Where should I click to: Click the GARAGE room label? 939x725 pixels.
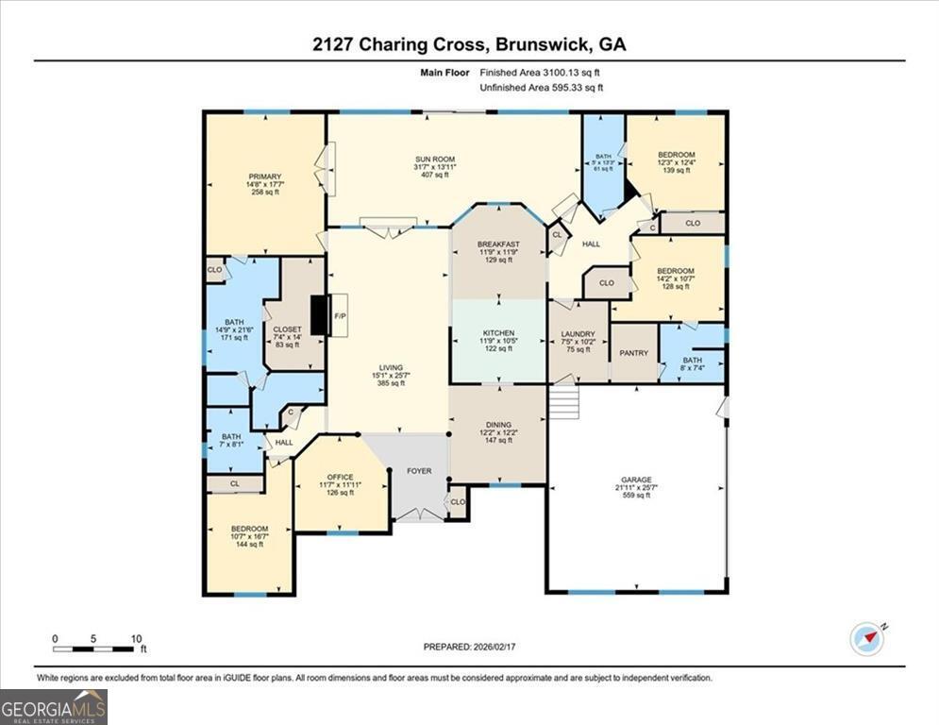[636, 480]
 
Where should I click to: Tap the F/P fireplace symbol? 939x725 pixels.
[339, 316]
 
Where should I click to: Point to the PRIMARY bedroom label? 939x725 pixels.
[259, 176]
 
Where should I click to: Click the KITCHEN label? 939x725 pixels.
[498, 334]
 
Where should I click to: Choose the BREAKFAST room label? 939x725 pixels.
[497, 244]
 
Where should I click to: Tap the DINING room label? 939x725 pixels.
[497, 425]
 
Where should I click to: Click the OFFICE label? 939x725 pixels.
[340, 477]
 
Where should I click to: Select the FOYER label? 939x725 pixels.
[419, 470]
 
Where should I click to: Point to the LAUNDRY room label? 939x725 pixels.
[577, 334]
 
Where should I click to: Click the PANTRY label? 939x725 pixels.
[633, 353]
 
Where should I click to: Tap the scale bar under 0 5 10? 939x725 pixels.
[93, 649]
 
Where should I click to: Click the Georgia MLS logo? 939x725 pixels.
[54, 706]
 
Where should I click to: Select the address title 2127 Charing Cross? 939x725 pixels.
[469, 44]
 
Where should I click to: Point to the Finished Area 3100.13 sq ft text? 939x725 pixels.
[541, 72]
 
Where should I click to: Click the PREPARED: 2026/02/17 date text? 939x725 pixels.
[469, 647]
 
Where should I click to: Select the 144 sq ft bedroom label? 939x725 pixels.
[249, 533]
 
